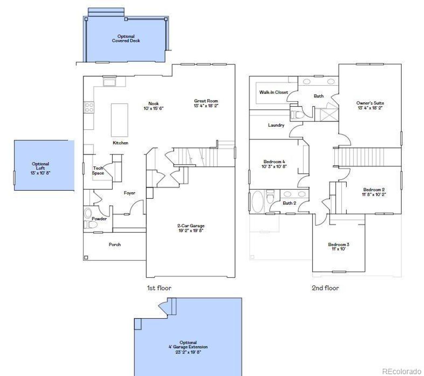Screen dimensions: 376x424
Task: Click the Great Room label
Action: click(206, 101)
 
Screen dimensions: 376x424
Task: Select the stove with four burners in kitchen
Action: click(89, 107)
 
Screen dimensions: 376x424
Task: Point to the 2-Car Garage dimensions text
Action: click(190, 231)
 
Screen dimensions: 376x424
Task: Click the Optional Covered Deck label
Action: click(126, 38)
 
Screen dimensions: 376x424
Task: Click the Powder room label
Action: click(99, 219)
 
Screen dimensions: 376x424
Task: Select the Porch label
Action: click(115, 244)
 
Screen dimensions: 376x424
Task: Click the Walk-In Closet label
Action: click(273, 92)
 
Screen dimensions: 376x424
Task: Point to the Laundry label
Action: click(276, 125)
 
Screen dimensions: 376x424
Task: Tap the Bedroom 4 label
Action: click(274, 162)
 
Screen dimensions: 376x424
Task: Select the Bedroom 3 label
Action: click(339, 244)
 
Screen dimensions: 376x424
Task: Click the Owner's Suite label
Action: click(370, 103)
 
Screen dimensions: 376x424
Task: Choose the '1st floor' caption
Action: click(159, 288)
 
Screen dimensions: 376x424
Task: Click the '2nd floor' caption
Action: click(325, 288)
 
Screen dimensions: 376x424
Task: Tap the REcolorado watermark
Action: click(402, 371)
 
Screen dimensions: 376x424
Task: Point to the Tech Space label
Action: click(98, 171)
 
